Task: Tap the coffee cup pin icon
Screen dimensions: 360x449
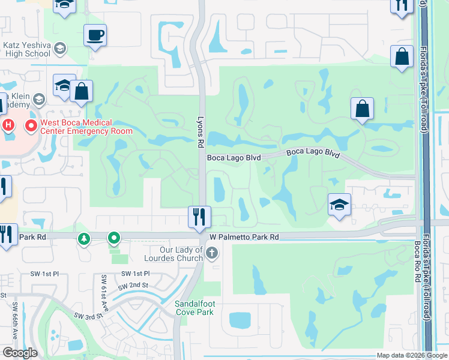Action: coord(95,34)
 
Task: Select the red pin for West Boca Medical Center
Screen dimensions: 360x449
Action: coord(31,126)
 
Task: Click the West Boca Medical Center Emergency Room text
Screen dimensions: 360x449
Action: coord(85,127)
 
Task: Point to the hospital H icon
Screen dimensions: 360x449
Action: coord(8,125)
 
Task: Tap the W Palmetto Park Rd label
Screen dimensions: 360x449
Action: coord(245,237)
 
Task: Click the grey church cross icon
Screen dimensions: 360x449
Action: coord(211,254)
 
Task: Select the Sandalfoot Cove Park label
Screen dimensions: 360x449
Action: coord(194,308)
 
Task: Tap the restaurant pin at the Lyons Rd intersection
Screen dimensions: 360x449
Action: coord(199,217)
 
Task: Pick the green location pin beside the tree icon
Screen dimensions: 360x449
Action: coord(113,239)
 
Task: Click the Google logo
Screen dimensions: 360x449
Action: coord(19,353)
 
